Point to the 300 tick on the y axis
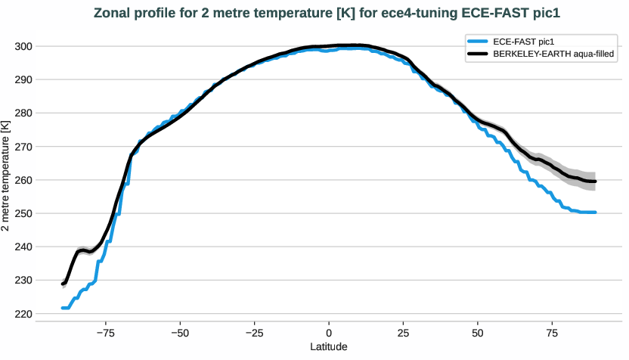pos(23,46)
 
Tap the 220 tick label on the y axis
pos(23,314)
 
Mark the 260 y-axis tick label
pos(23,180)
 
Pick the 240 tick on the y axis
pos(23,247)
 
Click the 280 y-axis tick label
pos(23,113)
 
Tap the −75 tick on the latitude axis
pos(105,332)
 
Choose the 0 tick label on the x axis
pos(329,332)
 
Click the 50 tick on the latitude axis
pos(478,332)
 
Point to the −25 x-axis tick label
pos(254,332)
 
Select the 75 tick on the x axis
pos(552,332)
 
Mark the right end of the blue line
pos(596,213)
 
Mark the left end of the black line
pos(63,284)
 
